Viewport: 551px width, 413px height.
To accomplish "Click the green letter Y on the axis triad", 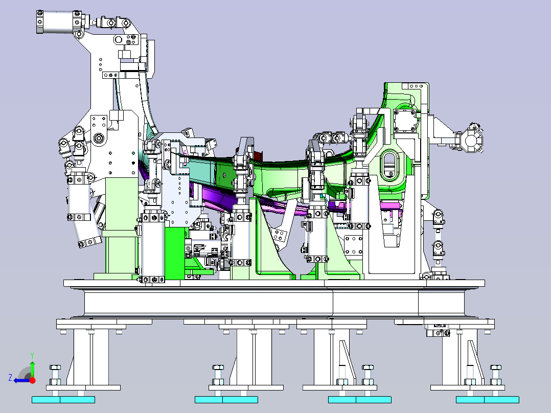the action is point(32,355).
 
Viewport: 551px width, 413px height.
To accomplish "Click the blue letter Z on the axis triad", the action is point(10,378).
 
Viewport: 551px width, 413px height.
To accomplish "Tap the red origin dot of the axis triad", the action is point(32,380).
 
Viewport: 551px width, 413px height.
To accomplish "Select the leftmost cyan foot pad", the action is point(63,400).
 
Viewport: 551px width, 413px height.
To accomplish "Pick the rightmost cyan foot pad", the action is point(488,400).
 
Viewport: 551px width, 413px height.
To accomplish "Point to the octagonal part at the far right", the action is point(472,141).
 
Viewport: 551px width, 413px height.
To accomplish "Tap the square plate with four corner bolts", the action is point(405,120).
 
